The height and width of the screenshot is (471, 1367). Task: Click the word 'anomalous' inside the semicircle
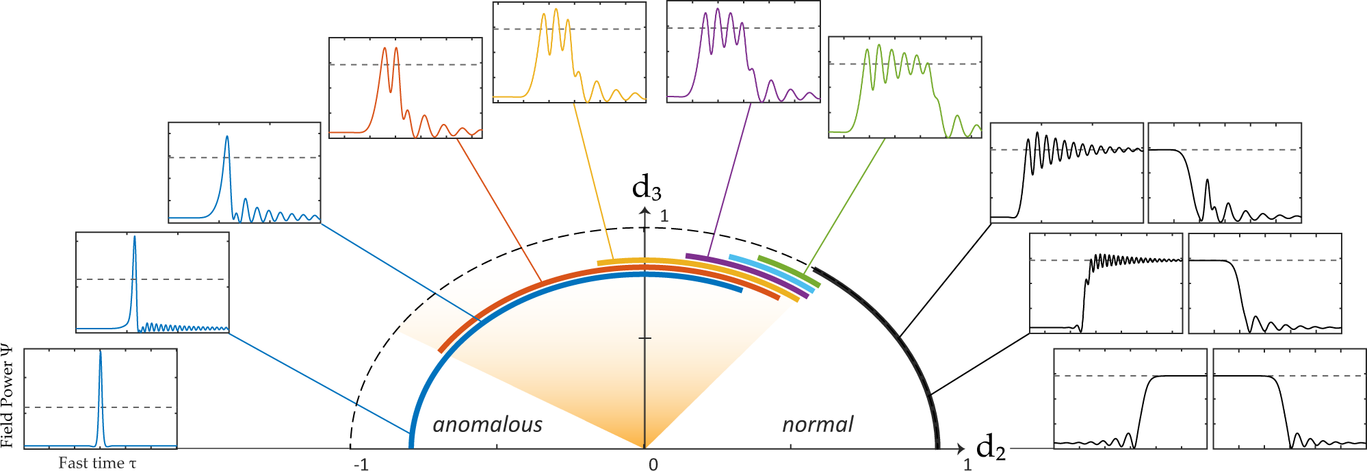click(487, 425)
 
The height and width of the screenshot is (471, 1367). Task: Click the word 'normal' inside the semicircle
click(818, 425)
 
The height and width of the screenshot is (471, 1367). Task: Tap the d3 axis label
click(646, 187)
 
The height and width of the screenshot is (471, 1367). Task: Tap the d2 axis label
click(990, 448)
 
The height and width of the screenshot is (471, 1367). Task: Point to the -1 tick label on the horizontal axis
click(361, 465)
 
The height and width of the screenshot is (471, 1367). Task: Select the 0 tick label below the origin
click(653, 465)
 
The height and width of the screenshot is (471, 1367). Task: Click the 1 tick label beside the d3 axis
click(664, 216)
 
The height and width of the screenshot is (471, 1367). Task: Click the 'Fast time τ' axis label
click(97, 463)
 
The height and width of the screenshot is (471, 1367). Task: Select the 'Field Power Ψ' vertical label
click(8, 396)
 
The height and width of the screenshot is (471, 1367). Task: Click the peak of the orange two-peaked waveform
click(385, 49)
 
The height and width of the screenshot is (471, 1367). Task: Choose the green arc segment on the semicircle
click(788, 271)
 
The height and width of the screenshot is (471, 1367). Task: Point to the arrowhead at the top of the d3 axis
click(645, 209)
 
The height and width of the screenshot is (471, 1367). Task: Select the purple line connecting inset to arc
click(729, 179)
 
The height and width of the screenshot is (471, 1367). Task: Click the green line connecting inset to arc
click(846, 203)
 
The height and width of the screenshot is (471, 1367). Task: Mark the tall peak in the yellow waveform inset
click(556, 10)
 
